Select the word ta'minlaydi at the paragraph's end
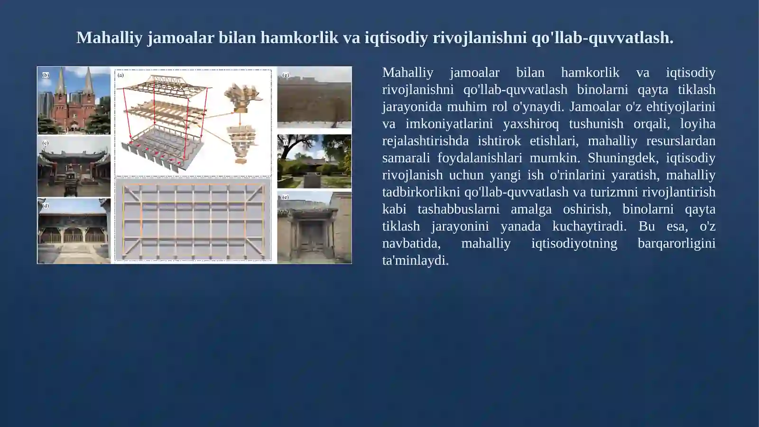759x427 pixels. (x=415, y=260)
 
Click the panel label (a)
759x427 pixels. (x=120, y=75)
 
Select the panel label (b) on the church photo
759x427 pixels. (x=46, y=75)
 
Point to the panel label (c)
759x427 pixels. (x=46, y=142)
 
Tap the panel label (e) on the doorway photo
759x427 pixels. (x=286, y=197)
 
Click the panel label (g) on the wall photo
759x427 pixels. (x=286, y=75)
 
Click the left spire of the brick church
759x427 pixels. (x=60, y=83)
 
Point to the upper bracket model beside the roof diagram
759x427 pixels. (x=242, y=97)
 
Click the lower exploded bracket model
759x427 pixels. (x=242, y=142)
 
